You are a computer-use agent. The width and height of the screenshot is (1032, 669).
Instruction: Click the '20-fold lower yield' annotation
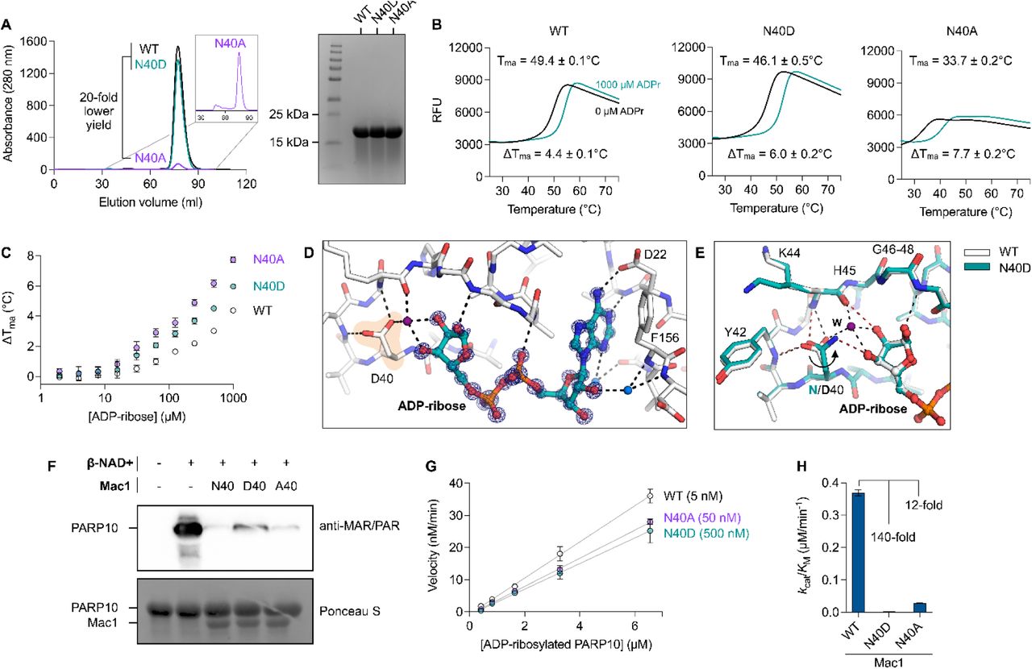86,113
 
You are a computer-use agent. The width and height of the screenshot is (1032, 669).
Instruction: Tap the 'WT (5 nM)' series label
683,495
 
